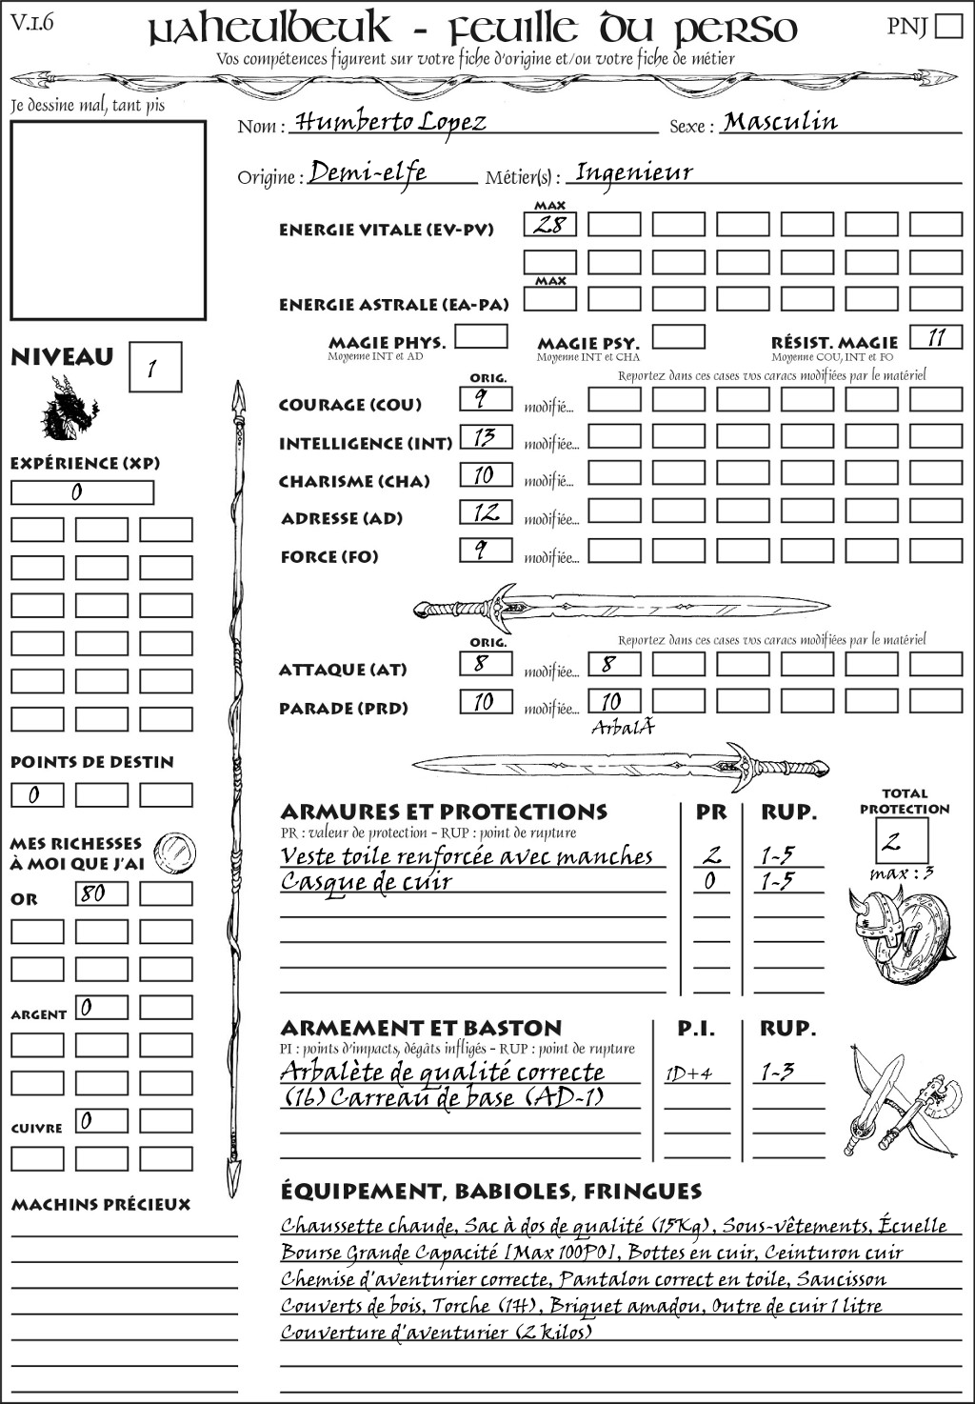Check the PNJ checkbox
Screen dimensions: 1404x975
(x=948, y=25)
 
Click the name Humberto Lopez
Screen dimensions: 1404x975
(x=390, y=122)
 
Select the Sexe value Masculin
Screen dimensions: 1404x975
(x=780, y=121)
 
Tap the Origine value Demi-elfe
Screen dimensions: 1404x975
(x=368, y=172)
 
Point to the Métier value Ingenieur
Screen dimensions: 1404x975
(x=634, y=172)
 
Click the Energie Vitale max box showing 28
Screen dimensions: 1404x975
(x=549, y=225)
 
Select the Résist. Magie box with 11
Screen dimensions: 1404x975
(x=936, y=337)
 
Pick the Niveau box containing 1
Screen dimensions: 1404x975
(x=154, y=368)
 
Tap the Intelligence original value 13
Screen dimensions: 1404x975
(x=486, y=437)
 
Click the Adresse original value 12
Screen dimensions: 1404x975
(x=486, y=512)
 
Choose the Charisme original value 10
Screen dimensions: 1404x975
(x=486, y=474)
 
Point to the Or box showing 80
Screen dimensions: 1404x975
(x=101, y=893)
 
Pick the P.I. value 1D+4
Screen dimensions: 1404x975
(x=689, y=1073)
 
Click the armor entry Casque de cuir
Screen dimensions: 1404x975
(x=367, y=882)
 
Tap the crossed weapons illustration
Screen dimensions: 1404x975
(x=899, y=1100)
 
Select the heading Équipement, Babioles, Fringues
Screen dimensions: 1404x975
(x=490, y=1191)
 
